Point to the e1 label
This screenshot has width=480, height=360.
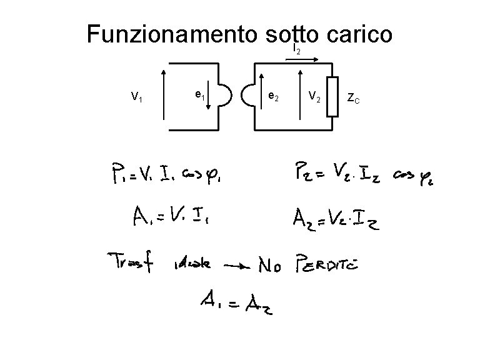200,95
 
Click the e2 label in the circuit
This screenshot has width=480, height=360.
273,96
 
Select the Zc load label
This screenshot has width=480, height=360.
353,97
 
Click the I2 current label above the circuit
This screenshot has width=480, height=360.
296,49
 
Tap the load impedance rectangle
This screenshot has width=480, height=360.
334,96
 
